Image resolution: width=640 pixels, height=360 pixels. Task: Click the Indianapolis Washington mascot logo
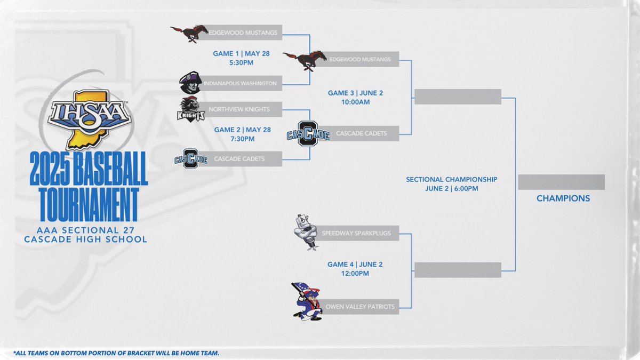coord(190,83)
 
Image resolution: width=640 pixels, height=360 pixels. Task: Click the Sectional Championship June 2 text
coord(451,184)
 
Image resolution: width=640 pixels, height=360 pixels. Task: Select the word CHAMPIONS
coord(563,198)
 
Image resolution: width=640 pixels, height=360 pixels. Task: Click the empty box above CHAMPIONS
coord(561,182)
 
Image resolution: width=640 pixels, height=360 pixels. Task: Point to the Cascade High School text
coord(85,239)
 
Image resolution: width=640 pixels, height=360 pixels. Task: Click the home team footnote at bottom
coord(116,353)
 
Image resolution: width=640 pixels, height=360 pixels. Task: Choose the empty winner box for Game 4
coord(458,270)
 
